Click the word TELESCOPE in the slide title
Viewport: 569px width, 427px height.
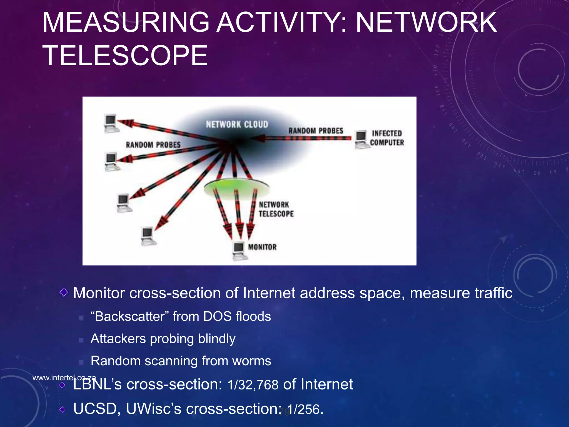pyautogui.click(x=125, y=56)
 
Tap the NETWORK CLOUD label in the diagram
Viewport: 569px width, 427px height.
pyautogui.click(x=237, y=124)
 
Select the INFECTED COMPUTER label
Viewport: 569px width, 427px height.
pyautogui.click(x=387, y=138)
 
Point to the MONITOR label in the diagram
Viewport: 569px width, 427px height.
pyautogui.click(x=262, y=247)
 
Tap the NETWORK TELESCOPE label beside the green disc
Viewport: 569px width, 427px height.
pyautogui.click(x=276, y=209)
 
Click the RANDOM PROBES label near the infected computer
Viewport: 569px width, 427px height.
pyautogui.click(x=316, y=131)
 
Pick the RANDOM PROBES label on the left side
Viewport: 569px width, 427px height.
pyautogui.click(x=153, y=145)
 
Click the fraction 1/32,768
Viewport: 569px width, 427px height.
pyautogui.click(x=253, y=385)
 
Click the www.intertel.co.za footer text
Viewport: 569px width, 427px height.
pyautogui.click(x=64, y=378)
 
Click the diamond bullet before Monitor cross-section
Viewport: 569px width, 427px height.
pyautogui.click(x=64, y=292)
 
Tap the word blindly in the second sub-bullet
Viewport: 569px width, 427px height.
pyautogui.click(x=217, y=339)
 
